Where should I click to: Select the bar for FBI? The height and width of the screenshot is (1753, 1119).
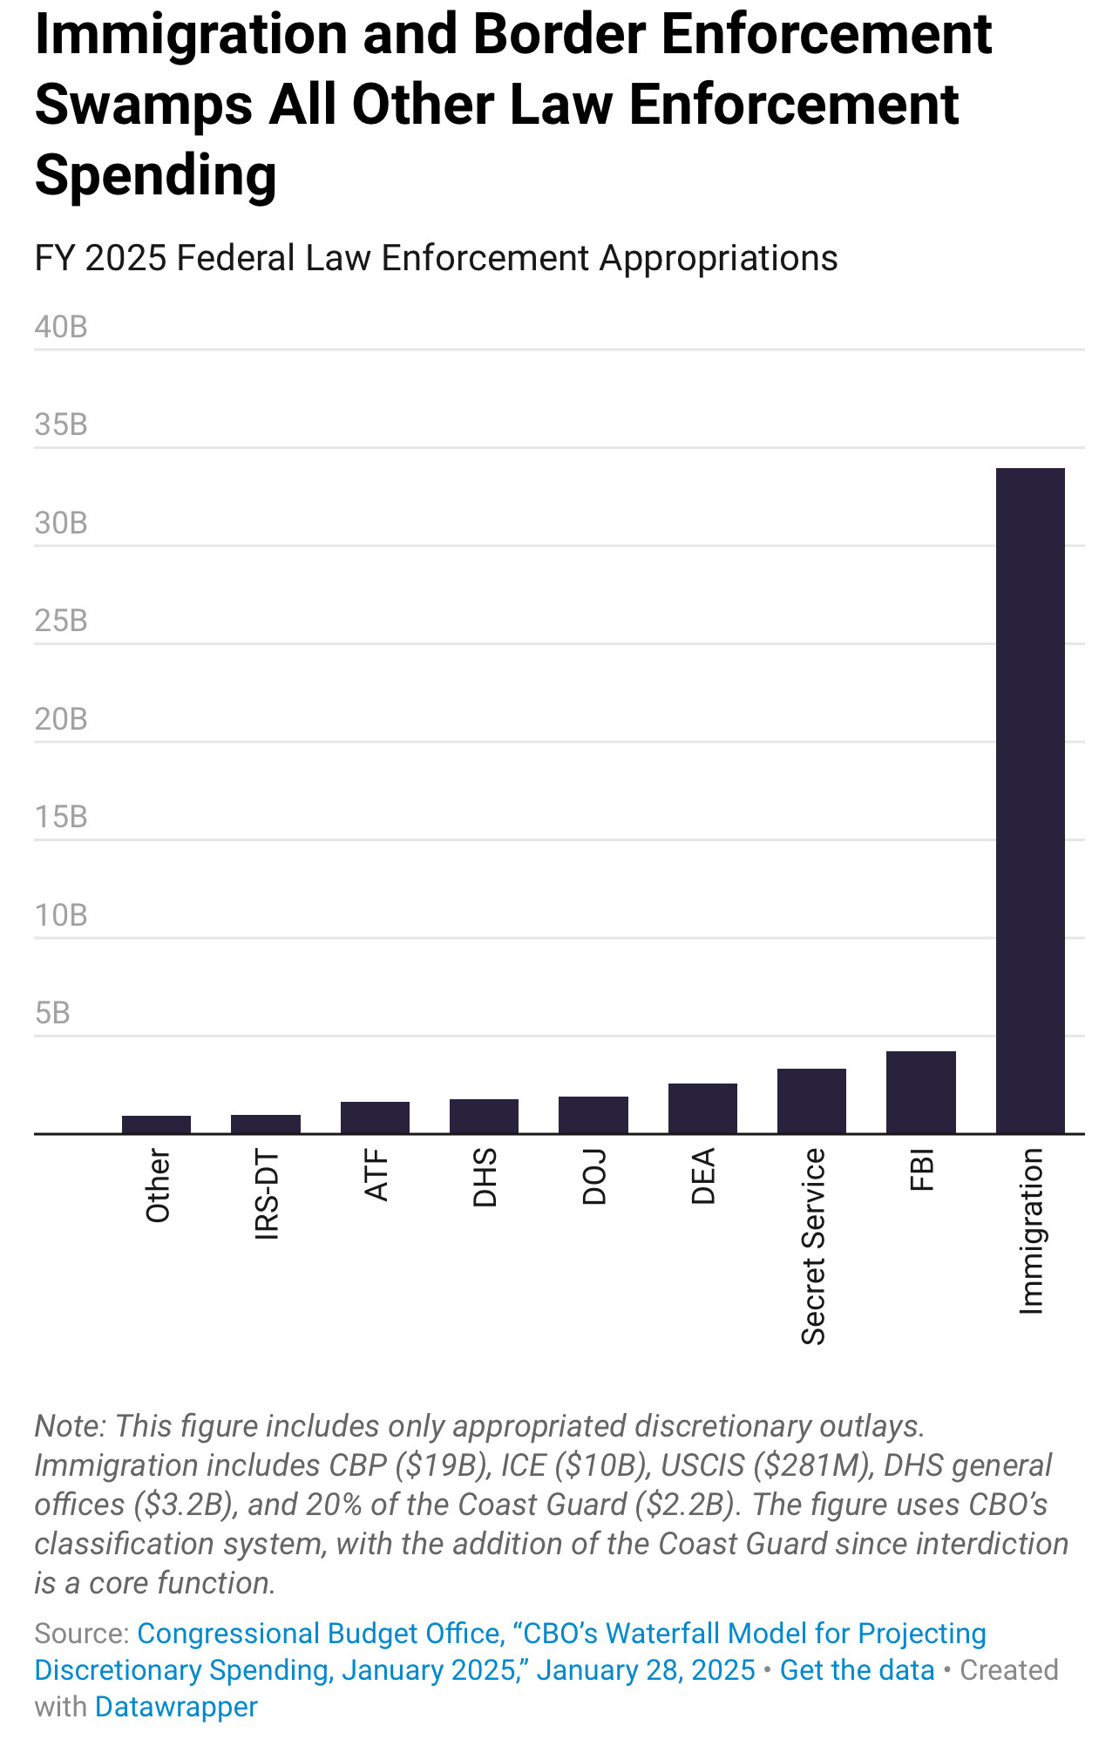(920, 1092)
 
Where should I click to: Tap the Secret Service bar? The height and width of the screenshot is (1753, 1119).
(811, 1101)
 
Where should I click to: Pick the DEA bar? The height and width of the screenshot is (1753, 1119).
(702, 1108)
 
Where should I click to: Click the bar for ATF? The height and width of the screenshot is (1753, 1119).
(375, 1118)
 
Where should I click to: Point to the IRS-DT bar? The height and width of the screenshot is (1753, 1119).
(266, 1124)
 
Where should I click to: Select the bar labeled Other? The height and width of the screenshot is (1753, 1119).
(156, 1125)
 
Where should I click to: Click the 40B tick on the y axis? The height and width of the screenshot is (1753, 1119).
(61, 327)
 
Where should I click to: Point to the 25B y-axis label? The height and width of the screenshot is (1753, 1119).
(61, 621)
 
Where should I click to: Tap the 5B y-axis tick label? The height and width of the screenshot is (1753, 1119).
(52, 1013)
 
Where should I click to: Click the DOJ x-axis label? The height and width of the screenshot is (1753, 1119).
(594, 1177)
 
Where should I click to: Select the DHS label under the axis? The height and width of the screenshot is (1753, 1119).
(485, 1178)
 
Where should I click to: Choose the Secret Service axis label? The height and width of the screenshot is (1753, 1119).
(812, 1247)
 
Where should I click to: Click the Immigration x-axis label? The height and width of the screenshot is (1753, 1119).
(1031, 1231)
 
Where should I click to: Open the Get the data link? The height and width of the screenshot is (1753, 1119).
(857, 1670)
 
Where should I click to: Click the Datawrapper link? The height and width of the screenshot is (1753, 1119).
(176, 1707)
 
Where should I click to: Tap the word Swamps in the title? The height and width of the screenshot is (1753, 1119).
(144, 105)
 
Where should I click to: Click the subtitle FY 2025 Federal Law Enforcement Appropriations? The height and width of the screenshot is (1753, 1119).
(436, 258)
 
